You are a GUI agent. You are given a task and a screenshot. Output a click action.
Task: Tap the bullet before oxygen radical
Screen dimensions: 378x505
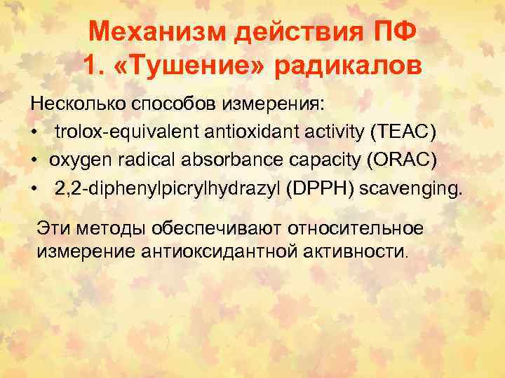(34, 160)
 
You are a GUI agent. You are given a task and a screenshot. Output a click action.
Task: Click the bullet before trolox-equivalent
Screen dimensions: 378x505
(34, 132)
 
